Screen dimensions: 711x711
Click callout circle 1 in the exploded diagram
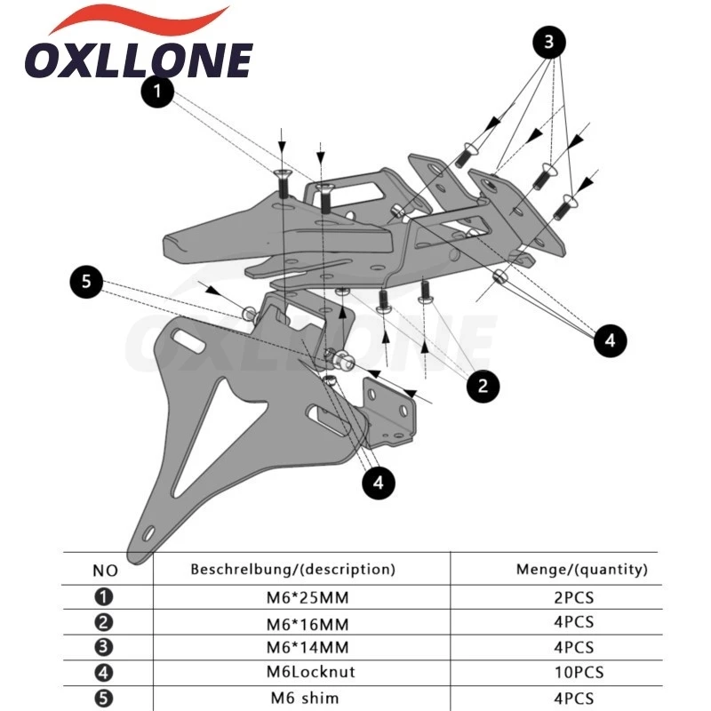(x=157, y=92)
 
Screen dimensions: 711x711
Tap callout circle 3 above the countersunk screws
(x=548, y=42)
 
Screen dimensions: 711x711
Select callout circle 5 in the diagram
(x=86, y=282)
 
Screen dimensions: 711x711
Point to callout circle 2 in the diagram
(x=483, y=386)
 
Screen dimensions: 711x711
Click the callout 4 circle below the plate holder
(x=379, y=483)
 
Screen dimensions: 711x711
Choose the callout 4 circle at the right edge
(x=611, y=340)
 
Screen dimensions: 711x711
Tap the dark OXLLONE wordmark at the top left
(x=139, y=60)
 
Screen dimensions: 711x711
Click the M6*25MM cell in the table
(x=308, y=597)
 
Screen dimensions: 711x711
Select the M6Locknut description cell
(x=310, y=672)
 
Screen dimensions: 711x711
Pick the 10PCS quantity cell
(x=579, y=672)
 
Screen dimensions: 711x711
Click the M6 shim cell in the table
(x=305, y=698)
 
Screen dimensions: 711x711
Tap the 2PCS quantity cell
(x=573, y=597)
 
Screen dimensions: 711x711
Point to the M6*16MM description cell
(x=308, y=625)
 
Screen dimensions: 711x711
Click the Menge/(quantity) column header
(x=582, y=569)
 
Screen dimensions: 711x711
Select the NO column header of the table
(x=105, y=571)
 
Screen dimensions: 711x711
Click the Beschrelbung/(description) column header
(x=292, y=569)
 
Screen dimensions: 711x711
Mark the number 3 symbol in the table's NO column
(x=103, y=647)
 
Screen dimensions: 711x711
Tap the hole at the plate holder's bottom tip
(x=148, y=534)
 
